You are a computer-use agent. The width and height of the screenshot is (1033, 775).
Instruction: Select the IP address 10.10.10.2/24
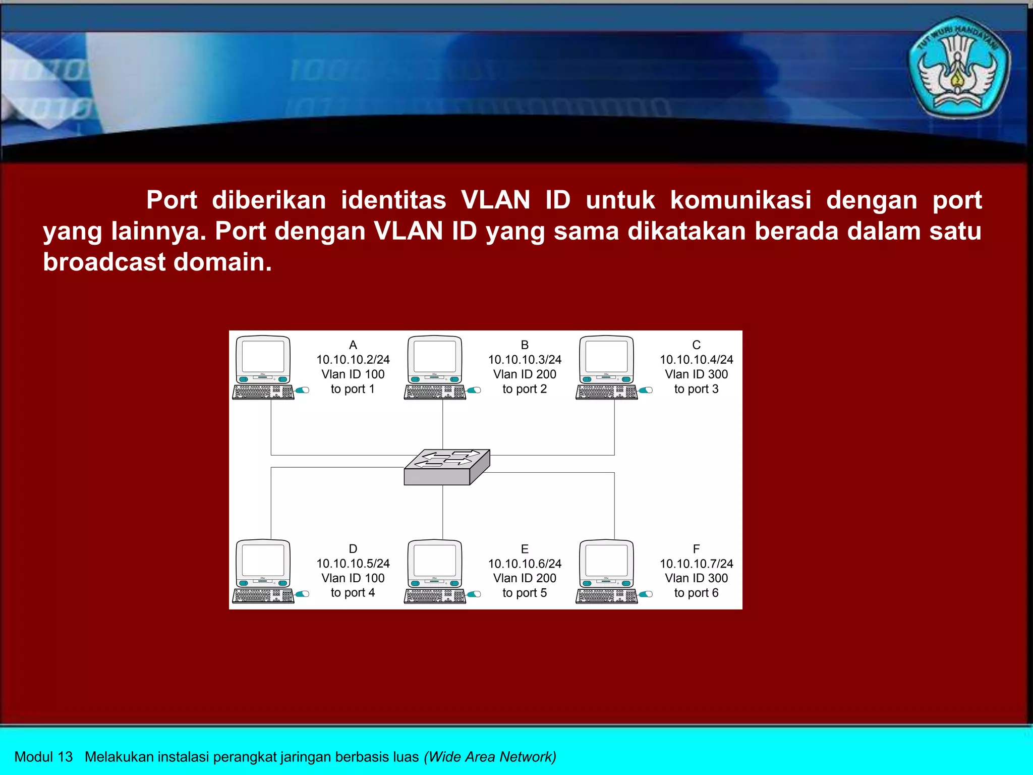(353, 360)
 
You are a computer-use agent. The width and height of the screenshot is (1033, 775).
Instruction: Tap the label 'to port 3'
(696, 389)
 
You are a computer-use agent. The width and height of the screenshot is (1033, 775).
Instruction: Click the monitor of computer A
(263, 357)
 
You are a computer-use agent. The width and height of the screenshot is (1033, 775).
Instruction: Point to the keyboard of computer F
(606, 596)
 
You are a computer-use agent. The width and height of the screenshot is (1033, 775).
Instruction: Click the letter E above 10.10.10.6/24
(525, 549)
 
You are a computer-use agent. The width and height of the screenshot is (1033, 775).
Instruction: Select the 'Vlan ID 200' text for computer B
(525, 374)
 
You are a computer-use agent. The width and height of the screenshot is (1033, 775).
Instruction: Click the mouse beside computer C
(646, 390)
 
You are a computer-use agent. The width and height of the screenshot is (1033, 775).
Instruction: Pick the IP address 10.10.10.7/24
(696, 564)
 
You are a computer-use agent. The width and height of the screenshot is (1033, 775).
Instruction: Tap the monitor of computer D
(263, 561)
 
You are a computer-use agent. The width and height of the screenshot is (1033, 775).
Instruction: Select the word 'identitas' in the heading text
(393, 200)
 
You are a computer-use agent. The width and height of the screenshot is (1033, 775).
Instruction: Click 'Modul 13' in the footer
(43, 757)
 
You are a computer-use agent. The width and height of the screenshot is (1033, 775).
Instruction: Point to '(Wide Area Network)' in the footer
(490, 757)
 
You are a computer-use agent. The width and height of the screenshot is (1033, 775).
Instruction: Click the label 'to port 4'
(353, 593)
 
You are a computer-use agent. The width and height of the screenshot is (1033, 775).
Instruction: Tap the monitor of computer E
(435, 561)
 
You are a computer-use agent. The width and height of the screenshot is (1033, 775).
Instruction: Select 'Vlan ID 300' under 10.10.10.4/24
(696, 374)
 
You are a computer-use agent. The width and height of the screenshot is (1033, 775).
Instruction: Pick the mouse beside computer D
(303, 594)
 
